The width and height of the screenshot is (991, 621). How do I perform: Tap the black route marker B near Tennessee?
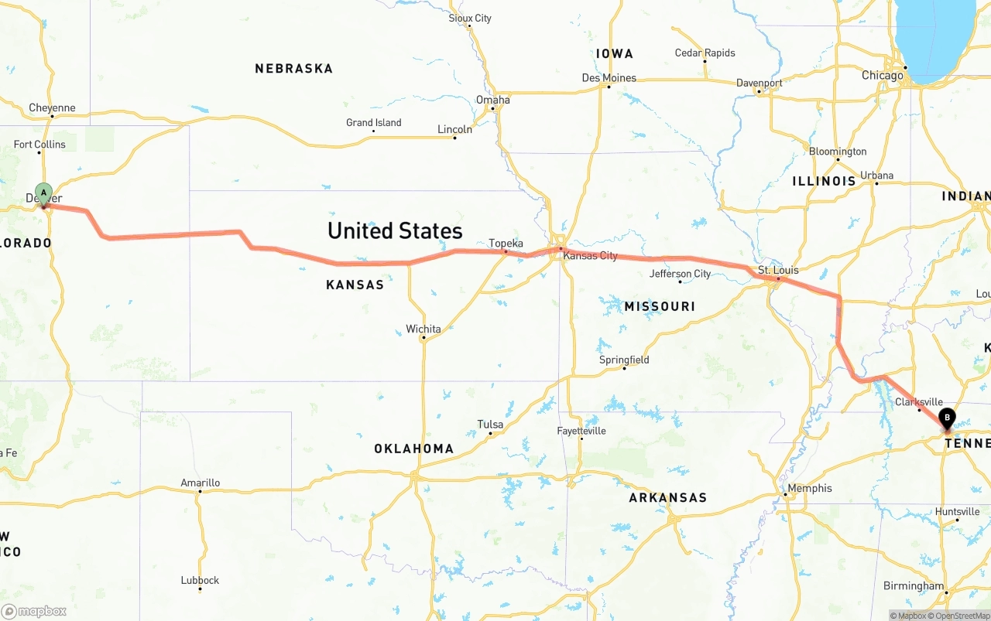click(x=946, y=419)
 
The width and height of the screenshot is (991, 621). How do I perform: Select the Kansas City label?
click(x=590, y=255)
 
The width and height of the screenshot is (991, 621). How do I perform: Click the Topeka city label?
click(x=506, y=244)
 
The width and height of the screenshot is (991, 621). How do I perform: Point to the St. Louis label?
click(x=778, y=271)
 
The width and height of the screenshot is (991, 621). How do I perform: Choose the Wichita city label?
click(x=423, y=329)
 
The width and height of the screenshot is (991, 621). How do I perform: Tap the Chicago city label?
click(x=883, y=76)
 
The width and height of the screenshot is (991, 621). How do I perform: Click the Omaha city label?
click(x=493, y=100)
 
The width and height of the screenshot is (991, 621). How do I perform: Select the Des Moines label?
click(x=609, y=78)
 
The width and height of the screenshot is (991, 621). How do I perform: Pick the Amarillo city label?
click(x=200, y=483)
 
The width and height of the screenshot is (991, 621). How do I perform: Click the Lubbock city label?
click(x=200, y=581)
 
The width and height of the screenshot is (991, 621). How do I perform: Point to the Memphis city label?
click(x=809, y=489)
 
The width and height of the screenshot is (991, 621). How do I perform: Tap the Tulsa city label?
click(x=490, y=425)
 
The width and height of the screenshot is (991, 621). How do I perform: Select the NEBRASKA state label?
click(x=294, y=69)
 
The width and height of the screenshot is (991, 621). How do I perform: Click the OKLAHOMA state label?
click(x=413, y=449)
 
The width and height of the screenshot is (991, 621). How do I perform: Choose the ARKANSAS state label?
click(x=667, y=498)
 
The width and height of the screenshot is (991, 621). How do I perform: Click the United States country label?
click(x=395, y=230)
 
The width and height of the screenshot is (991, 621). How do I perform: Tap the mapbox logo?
click(x=34, y=612)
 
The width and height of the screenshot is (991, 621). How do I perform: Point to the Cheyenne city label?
click(x=52, y=108)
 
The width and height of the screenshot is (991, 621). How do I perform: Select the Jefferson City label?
click(x=680, y=274)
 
